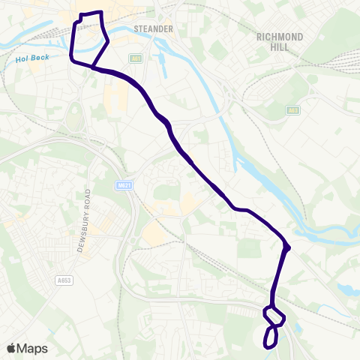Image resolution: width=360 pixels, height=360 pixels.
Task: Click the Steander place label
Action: tap(153, 29)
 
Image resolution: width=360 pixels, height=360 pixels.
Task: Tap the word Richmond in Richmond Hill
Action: tap(280, 36)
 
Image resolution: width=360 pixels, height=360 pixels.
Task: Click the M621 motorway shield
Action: tap(124, 185)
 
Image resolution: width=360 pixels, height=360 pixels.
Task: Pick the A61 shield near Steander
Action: tap(135, 57)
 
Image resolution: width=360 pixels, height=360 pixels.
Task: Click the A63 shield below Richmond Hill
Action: tap(293, 111)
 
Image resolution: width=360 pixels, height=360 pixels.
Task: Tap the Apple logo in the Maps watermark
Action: tap(12, 348)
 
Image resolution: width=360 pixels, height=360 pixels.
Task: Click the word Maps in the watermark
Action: tap(33, 348)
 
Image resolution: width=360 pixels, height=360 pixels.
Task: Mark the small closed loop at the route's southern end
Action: tap(271, 337)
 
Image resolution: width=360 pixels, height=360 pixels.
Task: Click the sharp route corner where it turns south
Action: tap(288, 247)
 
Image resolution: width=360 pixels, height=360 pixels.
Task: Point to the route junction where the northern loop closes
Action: tap(92, 67)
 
